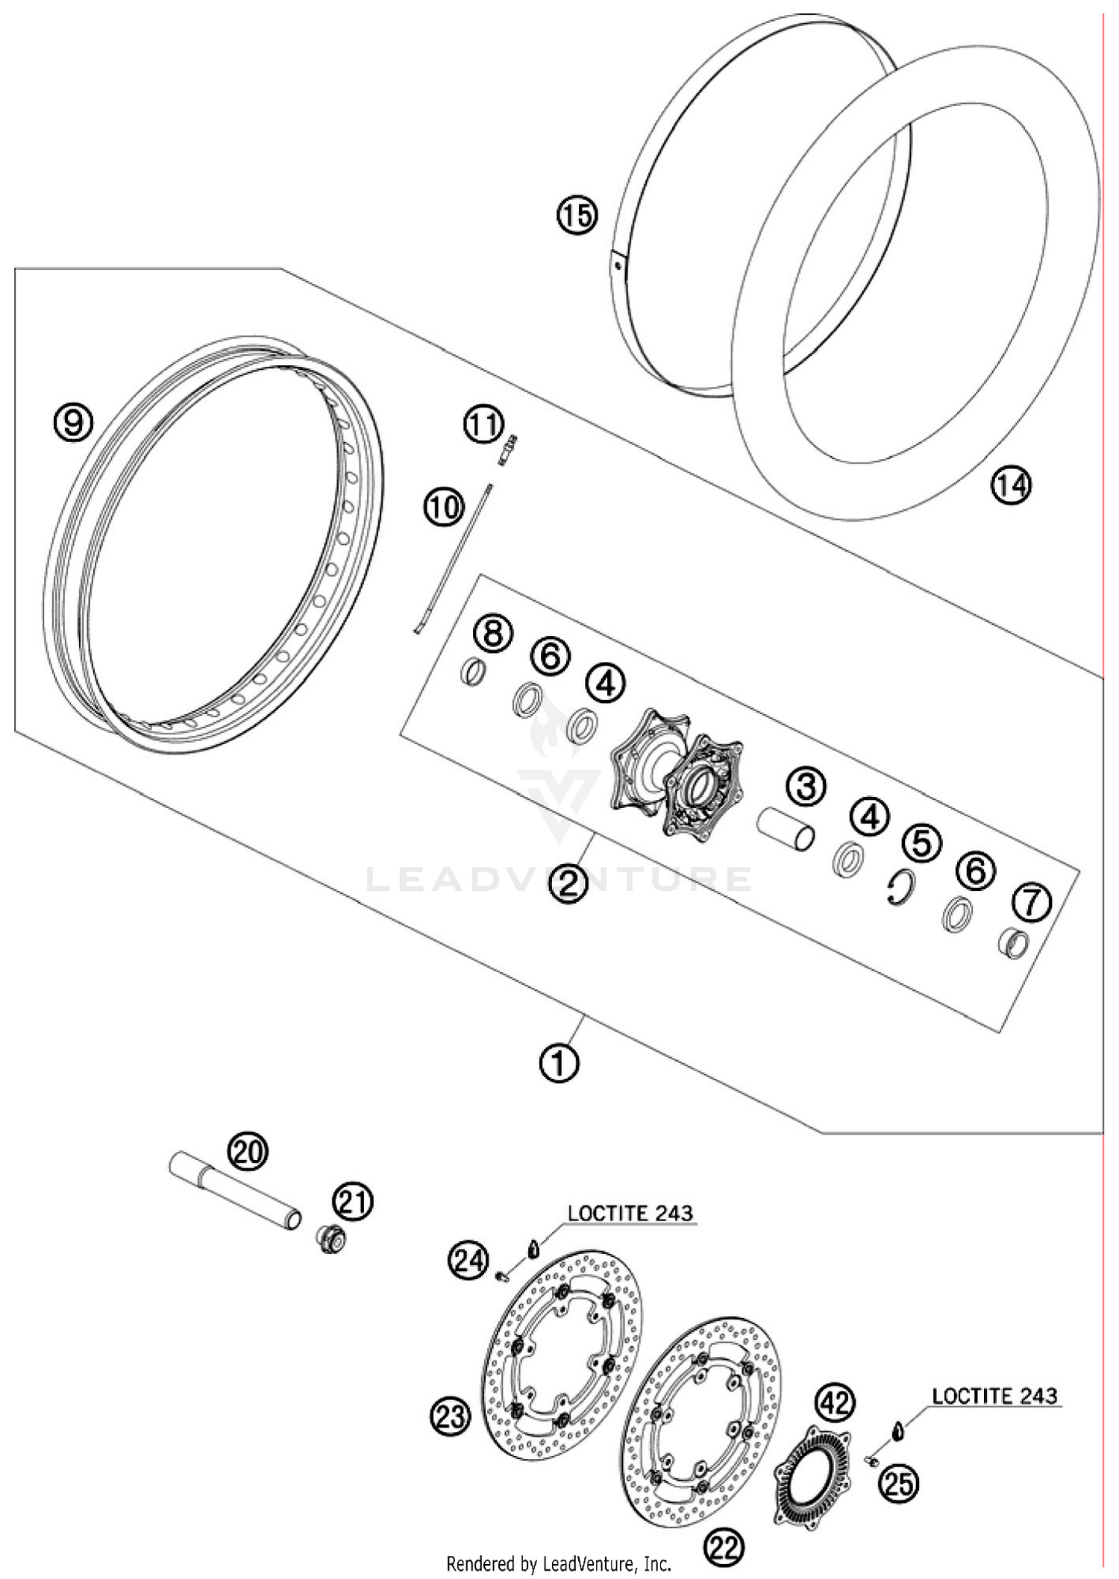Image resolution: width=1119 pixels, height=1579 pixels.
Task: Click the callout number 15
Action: coord(577,215)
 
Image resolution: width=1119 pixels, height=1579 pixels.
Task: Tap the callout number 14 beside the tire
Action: coord(1010,486)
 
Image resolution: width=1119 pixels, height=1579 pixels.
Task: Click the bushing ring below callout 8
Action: coord(473,672)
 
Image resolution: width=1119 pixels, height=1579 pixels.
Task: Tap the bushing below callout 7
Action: coord(1014,944)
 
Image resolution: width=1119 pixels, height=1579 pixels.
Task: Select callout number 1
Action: coord(559,1062)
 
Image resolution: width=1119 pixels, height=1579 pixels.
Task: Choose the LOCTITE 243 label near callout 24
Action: coord(630,1213)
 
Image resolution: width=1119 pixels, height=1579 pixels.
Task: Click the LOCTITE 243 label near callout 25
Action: coord(994,1395)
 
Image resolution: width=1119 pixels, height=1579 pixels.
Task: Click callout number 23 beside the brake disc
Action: coord(451,1415)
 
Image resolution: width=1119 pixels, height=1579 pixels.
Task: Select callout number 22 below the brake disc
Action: coord(724,1549)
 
